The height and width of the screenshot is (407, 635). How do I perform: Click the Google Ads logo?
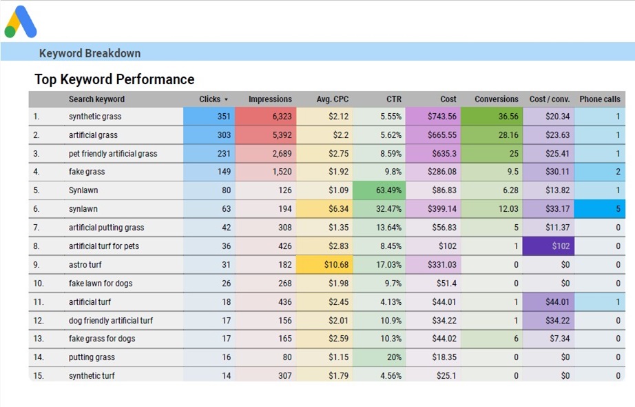point(21,22)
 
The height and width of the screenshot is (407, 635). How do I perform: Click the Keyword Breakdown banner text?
point(90,53)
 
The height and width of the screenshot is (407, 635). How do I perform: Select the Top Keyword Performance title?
point(114,79)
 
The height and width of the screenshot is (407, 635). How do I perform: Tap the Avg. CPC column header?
point(333,99)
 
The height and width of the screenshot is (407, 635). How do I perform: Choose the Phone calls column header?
point(599,99)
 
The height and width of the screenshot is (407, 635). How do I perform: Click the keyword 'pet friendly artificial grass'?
point(113,153)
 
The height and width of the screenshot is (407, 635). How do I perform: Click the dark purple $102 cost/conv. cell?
point(550,246)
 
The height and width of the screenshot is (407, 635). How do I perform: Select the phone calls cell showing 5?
point(604,209)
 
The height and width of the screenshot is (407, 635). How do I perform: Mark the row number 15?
point(39,376)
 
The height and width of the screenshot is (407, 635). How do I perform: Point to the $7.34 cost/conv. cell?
point(550,339)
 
